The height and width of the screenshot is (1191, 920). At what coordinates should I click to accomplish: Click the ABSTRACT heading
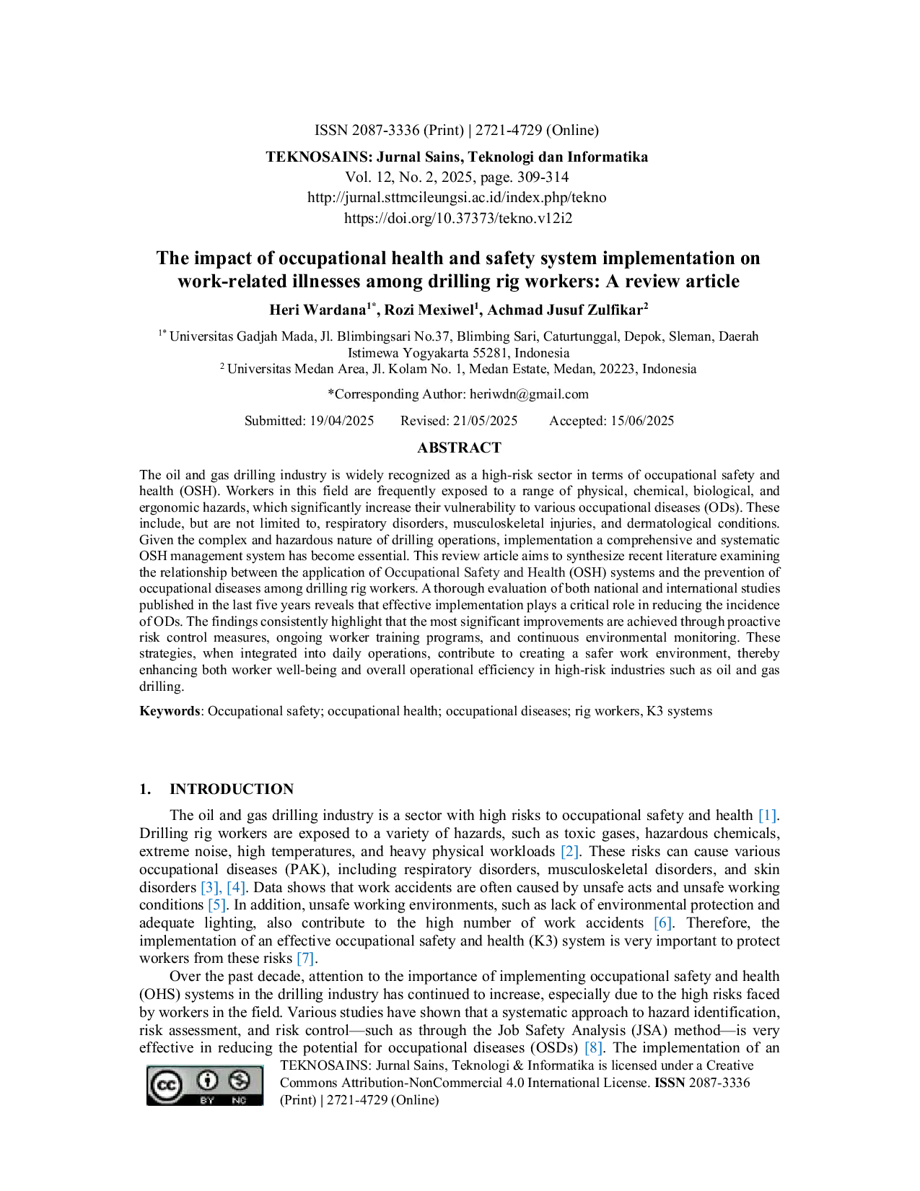pyautogui.click(x=459, y=448)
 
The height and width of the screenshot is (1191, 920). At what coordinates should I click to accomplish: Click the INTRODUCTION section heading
pyautogui.click(x=231, y=789)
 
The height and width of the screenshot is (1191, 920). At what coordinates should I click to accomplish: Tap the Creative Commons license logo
pyautogui.click(x=204, y=1085)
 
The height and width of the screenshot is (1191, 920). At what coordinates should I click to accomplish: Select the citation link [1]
pyautogui.click(x=767, y=816)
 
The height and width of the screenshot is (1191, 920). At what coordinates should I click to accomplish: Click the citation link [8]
pyautogui.click(x=594, y=1047)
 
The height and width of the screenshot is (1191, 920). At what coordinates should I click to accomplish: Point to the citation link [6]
pyautogui.click(x=663, y=922)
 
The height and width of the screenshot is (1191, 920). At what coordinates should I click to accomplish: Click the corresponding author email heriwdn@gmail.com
pyautogui.click(x=530, y=394)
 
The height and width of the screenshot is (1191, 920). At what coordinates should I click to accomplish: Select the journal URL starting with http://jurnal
pyautogui.click(x=457, y=197)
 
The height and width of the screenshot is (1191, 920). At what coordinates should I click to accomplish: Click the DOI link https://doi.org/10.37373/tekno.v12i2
pyautogui.click(x=458, y=218)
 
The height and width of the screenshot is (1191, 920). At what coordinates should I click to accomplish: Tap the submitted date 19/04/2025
pyautogui.click(x=342, y=421)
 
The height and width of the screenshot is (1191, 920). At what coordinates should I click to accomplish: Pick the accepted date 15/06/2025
pyautogui.click(x=642, y=421)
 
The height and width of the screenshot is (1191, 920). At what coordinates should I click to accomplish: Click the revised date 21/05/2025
pyautogui.click(x=486, y=421)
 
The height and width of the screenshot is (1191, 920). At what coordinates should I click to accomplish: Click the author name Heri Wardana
pyautogui.click(x=317, y=310)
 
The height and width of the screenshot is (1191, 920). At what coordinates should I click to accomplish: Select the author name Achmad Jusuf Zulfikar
pyautogui.click(x=565, y=310)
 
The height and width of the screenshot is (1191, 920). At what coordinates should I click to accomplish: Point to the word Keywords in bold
pyautogui.click(x=170, y=711)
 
